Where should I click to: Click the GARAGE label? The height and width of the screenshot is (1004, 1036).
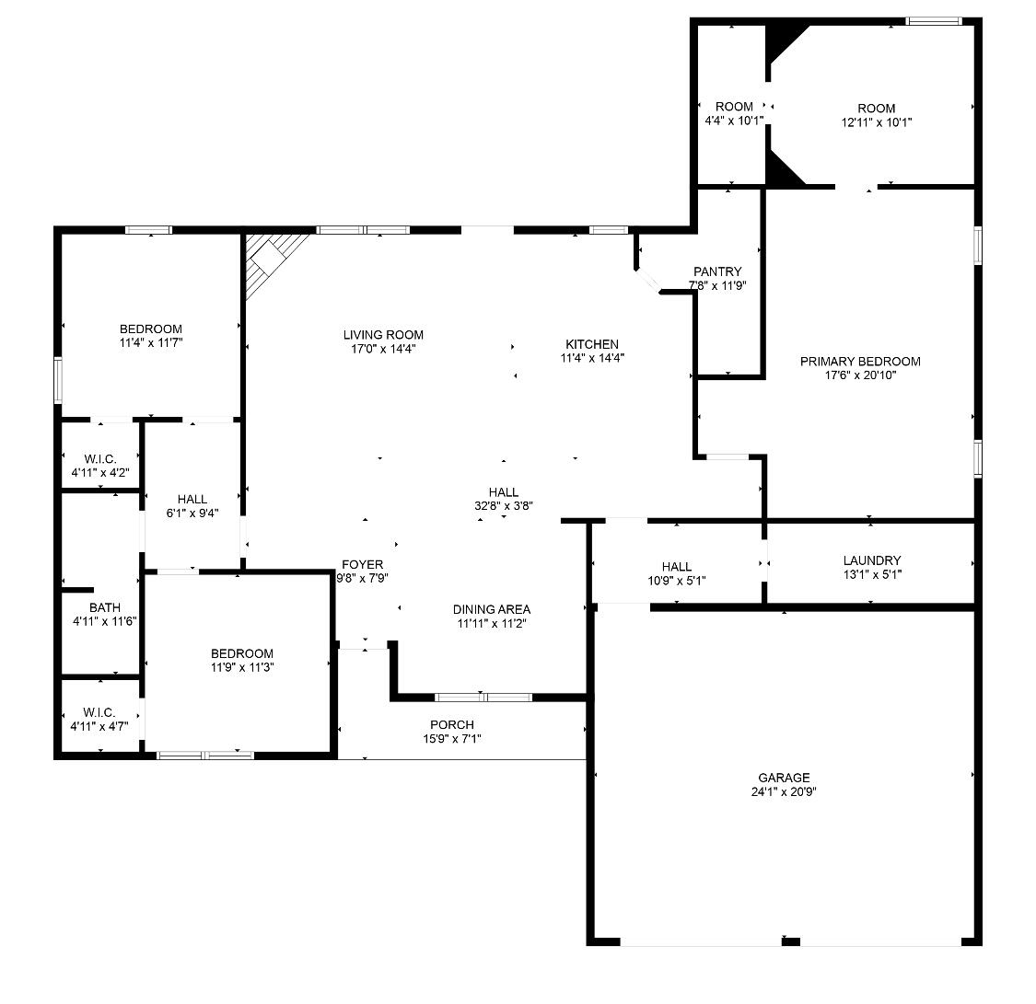784,778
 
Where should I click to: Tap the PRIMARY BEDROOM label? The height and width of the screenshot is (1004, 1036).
860,362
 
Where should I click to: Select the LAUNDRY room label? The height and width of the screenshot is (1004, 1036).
871,560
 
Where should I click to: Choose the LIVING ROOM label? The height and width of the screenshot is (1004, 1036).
383,335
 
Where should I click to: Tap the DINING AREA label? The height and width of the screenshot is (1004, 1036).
491,609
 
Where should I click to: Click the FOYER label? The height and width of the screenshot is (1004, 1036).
362,565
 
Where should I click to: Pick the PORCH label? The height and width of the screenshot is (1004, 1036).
452,725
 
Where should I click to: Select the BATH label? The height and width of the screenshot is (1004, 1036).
105,607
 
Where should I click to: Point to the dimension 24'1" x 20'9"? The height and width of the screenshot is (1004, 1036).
784,791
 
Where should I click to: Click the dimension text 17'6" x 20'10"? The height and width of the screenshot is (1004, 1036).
860,375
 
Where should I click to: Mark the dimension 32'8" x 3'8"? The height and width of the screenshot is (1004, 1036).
504,505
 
